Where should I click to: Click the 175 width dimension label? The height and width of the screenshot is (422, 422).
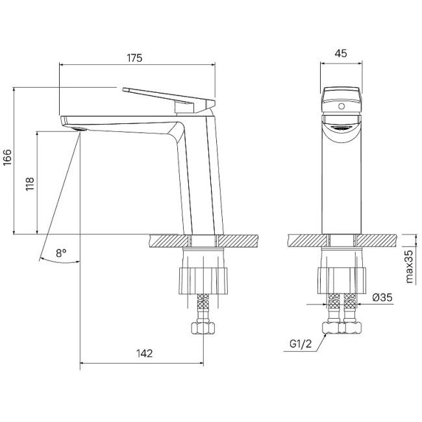[x=134, y=58]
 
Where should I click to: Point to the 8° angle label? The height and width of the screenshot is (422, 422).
[x=61, y=253]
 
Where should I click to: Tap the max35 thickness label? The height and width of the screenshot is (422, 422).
[x=410, y=266]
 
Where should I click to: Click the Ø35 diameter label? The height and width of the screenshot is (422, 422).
[x=384, y=298]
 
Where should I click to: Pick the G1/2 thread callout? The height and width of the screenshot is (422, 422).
[x=301, y=344]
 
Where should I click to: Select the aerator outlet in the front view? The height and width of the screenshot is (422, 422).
[x=341, y=128]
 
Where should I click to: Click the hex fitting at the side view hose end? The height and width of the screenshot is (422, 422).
[x=202, y=327]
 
